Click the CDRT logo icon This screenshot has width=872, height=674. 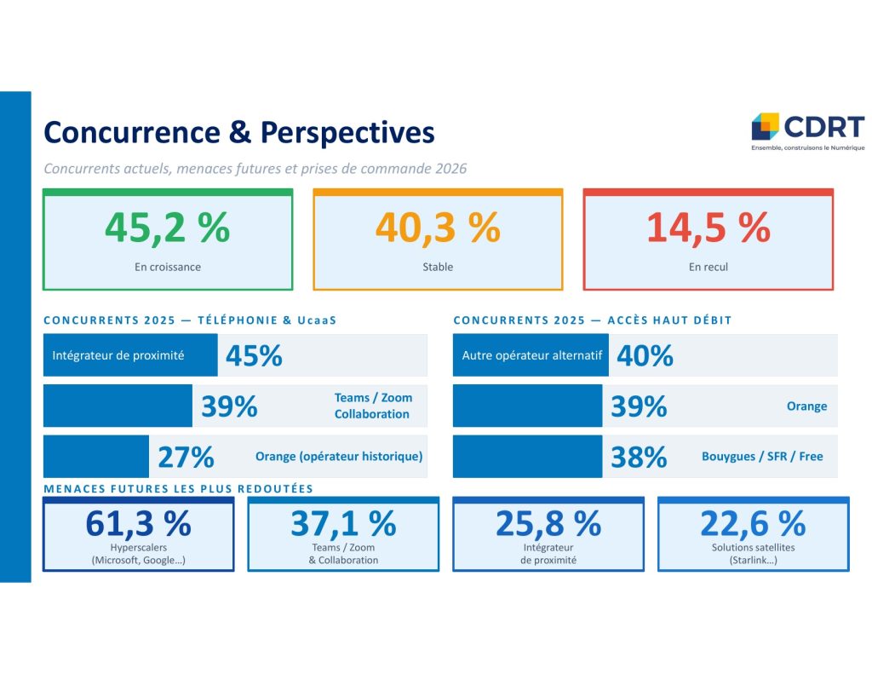click(x=765, y=126)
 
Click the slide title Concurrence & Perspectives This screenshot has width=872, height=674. click(x=238, y=133)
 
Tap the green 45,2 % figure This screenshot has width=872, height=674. click(x=167, y=228)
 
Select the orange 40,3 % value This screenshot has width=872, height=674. click(x=437, y=228)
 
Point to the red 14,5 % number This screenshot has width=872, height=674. click(x=708, y=228)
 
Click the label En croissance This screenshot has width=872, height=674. click(x=167, y=267)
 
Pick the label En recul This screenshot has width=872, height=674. click(x=708, y=267)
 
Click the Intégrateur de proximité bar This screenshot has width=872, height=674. click(x=130, y=355)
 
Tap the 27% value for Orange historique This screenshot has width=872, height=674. click(x=186, y=457)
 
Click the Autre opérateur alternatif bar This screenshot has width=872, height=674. click(x=531, y=355)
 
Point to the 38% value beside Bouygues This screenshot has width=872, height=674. click(x=639, y=457)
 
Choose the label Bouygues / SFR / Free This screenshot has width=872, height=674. click(x=762, y=457)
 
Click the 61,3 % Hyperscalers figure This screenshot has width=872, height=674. click(x=138, y=522)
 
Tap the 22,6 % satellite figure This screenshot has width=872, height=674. click(x=753, y=522)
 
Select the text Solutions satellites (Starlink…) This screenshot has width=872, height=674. click(x=753, y=554)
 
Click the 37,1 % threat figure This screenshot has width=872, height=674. click(x=343, y=522)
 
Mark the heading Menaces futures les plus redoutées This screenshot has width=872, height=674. click(x=178, y=489)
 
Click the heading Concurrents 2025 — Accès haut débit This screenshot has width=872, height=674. click(x=592, y=320)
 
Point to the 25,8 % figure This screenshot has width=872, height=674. click(x=548, y=522)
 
